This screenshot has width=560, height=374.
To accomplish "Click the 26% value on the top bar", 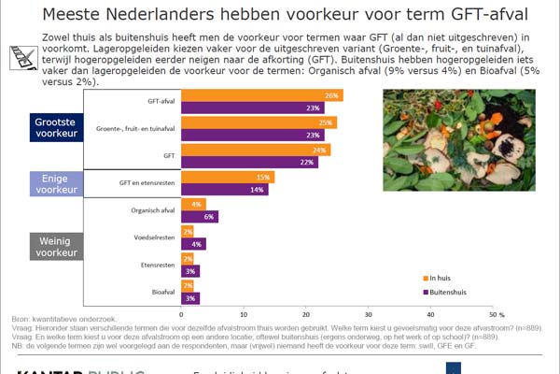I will (x=330, y=95).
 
